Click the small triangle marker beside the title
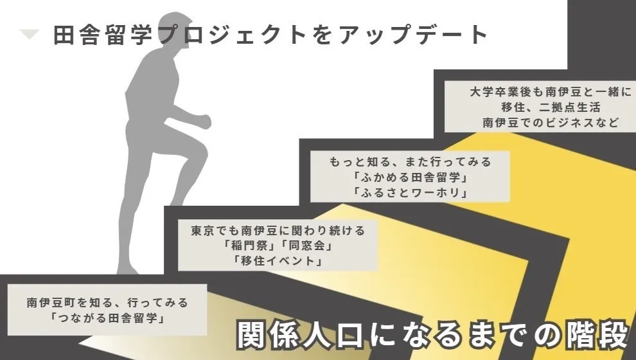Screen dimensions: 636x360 [x=29, y=34]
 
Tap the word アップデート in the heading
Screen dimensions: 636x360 [x=413, y=35]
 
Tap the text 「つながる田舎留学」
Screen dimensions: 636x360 [x=107, y=318]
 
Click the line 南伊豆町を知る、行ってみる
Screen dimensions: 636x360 [x=107, y=302]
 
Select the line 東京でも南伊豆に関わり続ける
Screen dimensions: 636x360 [x=278, y=230]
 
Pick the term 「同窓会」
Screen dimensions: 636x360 [x=306, y=245]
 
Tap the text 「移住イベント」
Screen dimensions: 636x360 [x=278, y=260]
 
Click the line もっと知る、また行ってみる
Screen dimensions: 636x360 [x=410, y=161]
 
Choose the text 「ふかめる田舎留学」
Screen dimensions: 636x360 [x=410, y=177]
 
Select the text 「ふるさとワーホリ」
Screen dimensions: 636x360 [x=410, y=192]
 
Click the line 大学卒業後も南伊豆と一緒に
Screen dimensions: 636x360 [x=551, y=91]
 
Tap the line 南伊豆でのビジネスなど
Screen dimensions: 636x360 [x=551, y=122]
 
